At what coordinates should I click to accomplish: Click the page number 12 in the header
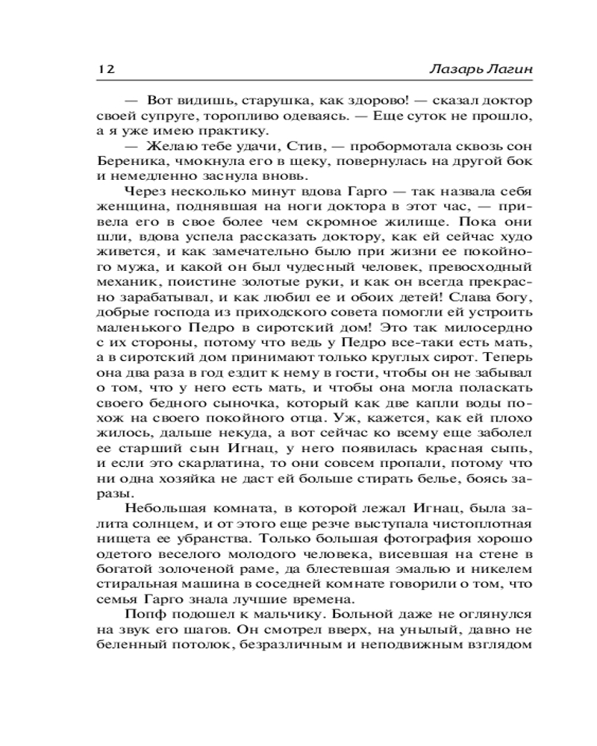104,69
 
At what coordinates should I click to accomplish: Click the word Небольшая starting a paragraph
165,509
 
